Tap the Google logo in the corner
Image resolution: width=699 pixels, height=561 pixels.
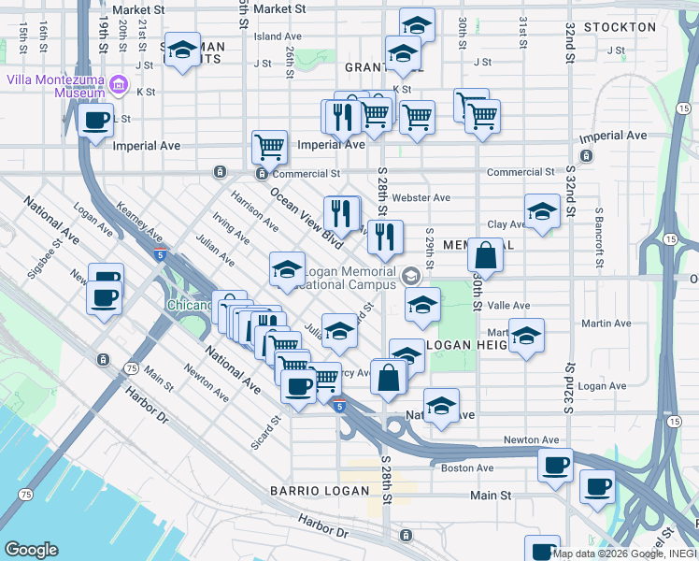click(x=31, y=550)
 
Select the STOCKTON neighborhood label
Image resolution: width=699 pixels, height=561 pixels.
click(x=620, y=27)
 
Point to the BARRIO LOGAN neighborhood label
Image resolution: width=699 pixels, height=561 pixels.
click(x=309, y=491)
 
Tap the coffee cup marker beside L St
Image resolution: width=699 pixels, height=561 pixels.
click(x=95, y=121)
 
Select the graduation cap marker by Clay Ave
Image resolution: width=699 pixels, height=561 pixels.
click(x=542, y=211)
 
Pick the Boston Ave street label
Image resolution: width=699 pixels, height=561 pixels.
click(x=466, y=467)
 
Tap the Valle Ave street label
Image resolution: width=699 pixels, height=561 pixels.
click(x=508, y=306)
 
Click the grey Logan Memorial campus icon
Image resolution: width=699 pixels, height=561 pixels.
click(x=410, y=276)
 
